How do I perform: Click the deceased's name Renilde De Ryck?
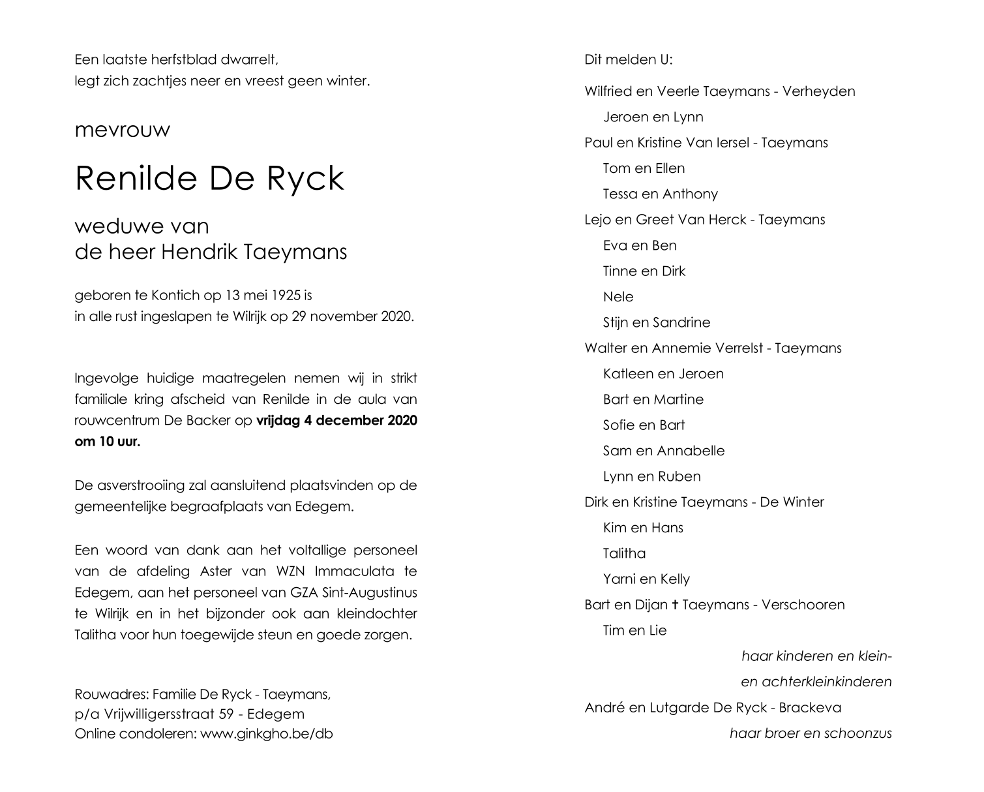tap(209, 179)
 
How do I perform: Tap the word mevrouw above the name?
tap(123, 130)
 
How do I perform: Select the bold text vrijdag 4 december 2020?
tap(336, 421)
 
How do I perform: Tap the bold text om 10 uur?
tap(108, 442)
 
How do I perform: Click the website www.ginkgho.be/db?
tap(266, 733)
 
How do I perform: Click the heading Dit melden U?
tap(629, 60)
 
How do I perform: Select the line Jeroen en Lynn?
tap(653, 117)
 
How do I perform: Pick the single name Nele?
tap(618, 297)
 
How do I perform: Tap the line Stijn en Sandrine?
tap(656, 323)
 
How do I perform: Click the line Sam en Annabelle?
tap(663, 451)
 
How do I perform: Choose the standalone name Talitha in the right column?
tap(624, 554)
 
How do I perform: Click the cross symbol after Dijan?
tap(675, 605)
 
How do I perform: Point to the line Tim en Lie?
tap(634, 631)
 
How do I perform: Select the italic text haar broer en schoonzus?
tap(811, 733)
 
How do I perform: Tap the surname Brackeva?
tap(811, 708)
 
